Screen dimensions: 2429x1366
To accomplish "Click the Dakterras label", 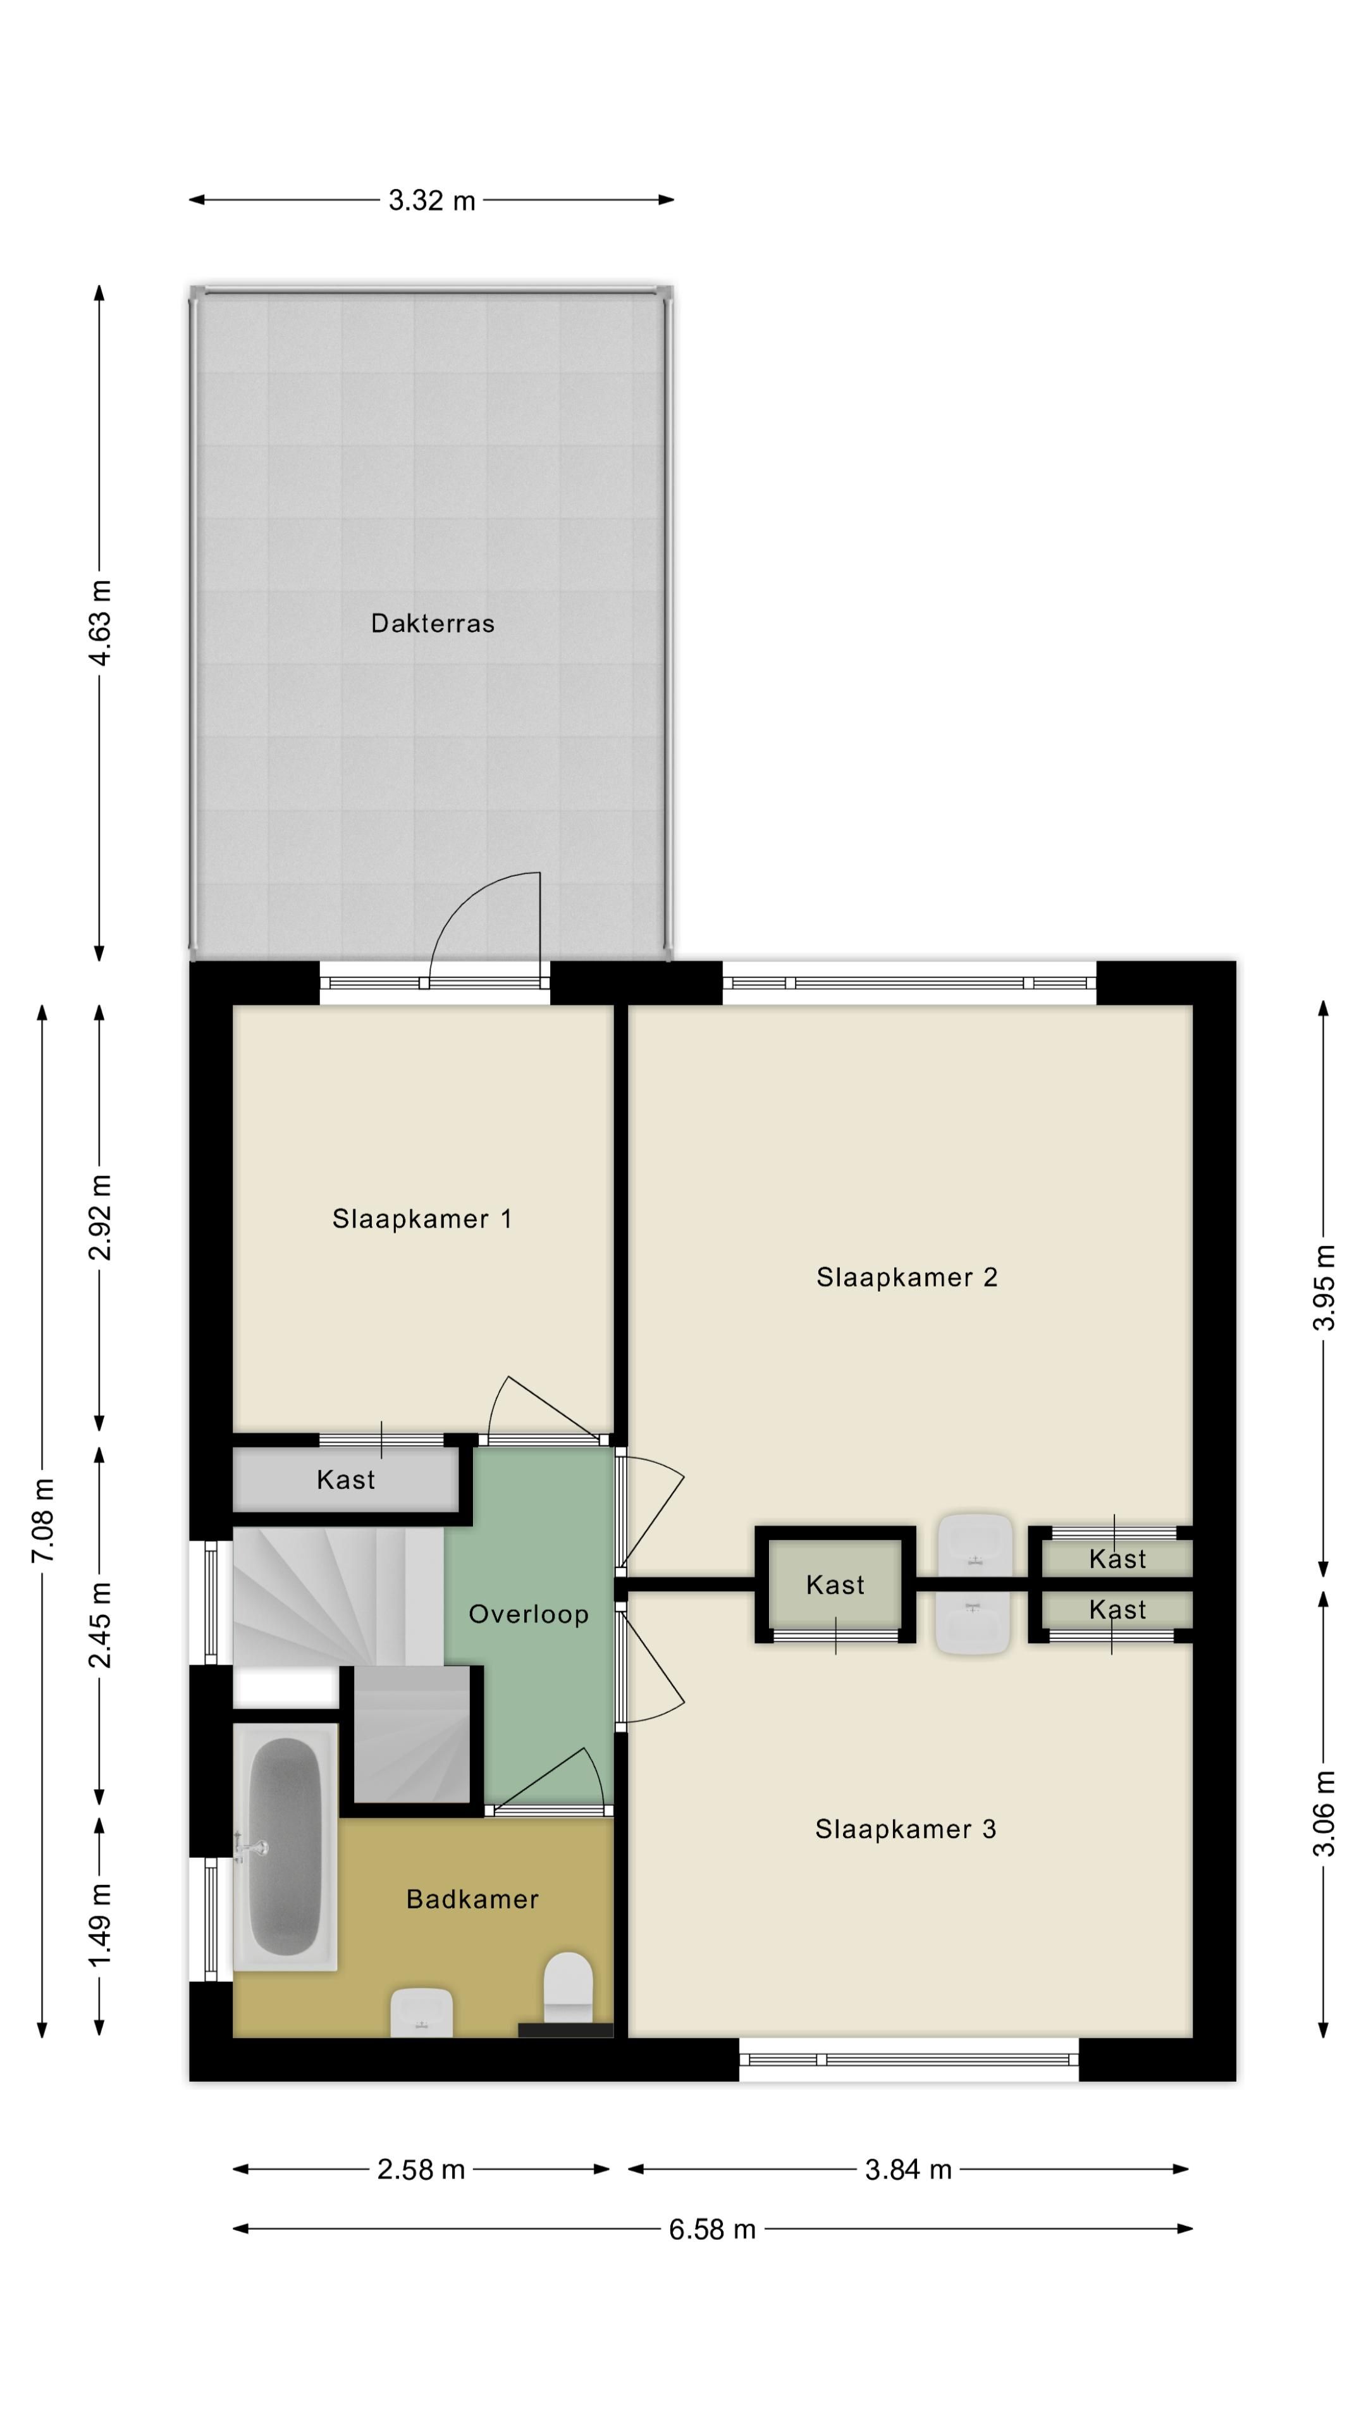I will pos(432,623).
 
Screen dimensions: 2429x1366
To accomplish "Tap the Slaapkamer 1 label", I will pos(421,1219).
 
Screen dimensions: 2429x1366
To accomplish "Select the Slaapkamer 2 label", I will pos(906,1278).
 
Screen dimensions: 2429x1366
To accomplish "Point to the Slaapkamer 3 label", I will pos(905,1829).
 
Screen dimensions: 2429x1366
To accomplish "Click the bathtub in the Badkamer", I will pos(285,1846).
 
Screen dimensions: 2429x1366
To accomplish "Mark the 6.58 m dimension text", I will pos(711,2229).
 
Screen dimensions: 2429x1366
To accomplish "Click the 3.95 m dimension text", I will pos(1324,1287).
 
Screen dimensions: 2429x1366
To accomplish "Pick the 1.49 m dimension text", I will pos(100,1924).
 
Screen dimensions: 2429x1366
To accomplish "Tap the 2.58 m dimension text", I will pos(421,2170).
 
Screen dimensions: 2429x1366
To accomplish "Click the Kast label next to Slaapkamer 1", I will pos(345,1480).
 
